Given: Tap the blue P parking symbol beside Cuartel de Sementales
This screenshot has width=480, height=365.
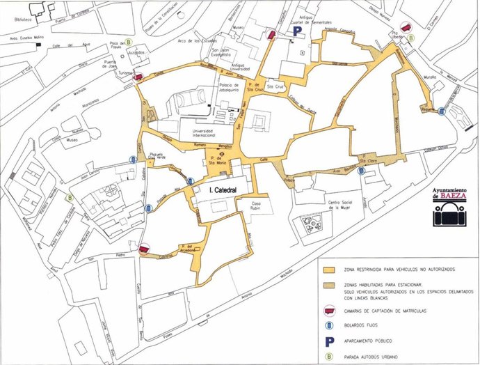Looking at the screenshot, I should [296, 32].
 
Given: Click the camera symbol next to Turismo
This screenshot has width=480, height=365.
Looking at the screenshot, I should [138, 77].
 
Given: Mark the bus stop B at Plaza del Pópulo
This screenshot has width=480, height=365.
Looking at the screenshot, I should [130, 42].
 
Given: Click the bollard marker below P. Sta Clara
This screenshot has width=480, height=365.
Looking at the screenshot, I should [360, 172].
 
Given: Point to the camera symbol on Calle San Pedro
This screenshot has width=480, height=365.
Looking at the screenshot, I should [144, 249].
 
